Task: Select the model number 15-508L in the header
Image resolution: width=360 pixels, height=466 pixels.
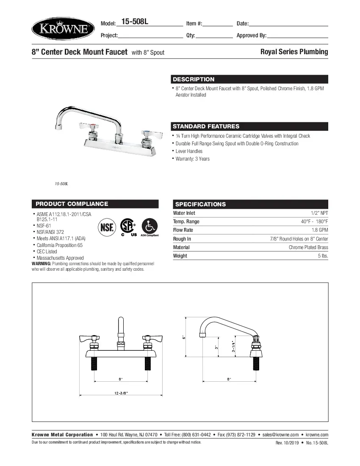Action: pos(135,22)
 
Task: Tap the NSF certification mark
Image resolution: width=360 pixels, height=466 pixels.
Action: pos(107,227)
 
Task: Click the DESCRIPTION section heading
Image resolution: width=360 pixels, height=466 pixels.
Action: pos(194,79)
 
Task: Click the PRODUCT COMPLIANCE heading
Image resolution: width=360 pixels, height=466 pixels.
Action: pos(72,204)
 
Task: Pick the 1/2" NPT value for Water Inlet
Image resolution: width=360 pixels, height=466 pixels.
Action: pos(319,213)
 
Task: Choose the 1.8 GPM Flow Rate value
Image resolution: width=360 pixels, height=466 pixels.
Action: pos(320,230)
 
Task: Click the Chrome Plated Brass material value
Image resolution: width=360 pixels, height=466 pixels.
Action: pos(308,247)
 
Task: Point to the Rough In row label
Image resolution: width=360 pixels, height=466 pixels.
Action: pos(182,239)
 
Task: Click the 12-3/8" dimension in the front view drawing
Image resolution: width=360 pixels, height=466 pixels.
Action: pos(121,393)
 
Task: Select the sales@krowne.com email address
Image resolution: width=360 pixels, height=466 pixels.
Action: pos(280,435)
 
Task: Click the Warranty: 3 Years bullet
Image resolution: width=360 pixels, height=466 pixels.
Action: pos(192,159)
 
